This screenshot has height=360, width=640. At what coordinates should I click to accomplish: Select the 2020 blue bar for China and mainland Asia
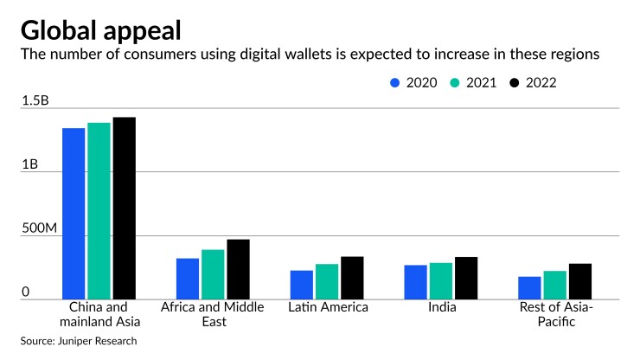(x=74, y=214)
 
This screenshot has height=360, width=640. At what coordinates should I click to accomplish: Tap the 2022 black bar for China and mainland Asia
(x=125, y=209)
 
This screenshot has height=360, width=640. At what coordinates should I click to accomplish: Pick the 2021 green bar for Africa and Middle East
(x=213, y=274)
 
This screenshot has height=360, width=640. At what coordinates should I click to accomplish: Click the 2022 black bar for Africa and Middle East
(x=238, y=269)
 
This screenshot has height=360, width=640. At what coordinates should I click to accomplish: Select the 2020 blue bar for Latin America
(x=302, y=285)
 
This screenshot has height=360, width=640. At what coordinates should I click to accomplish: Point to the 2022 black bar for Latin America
(x=352, y=278)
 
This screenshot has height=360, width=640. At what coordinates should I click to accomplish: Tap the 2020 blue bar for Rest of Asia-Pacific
(x=529, y=288)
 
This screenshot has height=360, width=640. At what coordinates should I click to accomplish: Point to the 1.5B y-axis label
(x=35, y=101)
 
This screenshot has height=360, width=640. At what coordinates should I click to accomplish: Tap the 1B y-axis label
(x=30, y=164)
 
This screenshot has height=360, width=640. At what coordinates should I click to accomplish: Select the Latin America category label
(x=328, y=307)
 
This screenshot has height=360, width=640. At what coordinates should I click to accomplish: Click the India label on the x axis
(x=441, y=307)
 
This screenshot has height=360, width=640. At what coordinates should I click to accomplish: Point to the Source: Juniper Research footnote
(x=79, y=341)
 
